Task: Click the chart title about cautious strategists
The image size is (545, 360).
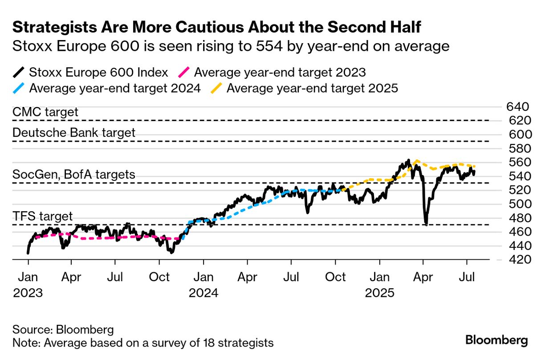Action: pyautogui.click(x=216, y=28)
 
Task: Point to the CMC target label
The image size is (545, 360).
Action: pyautogui.click(x=45, y=112)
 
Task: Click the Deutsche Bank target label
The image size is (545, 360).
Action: pyautogui.click(x=74, y=132)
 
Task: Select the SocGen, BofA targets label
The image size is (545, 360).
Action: pyautogui.click(x=74, y=174)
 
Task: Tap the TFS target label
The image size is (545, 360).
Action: pyautogui.click(x=43, y=217)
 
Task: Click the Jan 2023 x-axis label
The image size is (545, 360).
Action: pyautogui.click(x=28, y=285)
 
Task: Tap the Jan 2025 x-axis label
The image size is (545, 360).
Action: pyautogui.click(x=380, y=285)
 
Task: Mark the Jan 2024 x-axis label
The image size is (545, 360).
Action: pyautogui.click(x=203, y=285)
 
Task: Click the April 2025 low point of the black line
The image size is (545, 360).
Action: pyautogui.click(x=426, y=224)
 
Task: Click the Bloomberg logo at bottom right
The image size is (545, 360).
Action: pyautogui.click(x=496, y=340)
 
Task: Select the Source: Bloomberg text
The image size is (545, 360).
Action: pyautogui.click(x=63, y=330)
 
